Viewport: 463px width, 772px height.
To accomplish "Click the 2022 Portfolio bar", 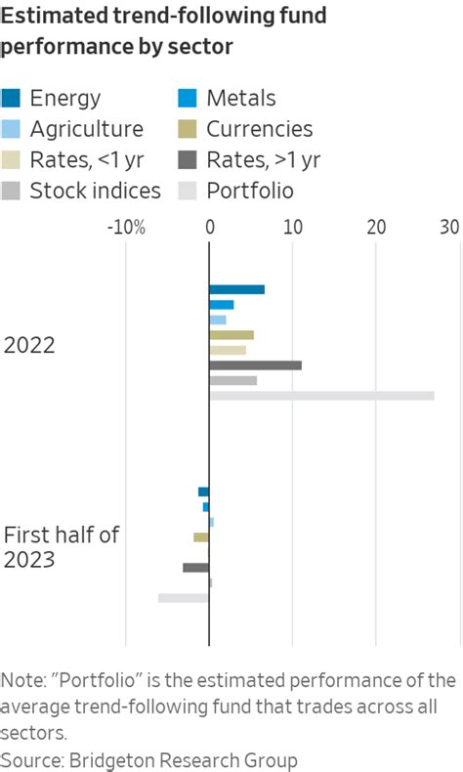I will pos(321,396).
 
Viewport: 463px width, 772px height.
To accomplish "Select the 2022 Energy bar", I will pos(236,289).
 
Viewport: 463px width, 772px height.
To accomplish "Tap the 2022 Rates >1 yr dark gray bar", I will pos(255,365).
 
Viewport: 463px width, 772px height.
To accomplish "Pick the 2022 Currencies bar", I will pos(231,335).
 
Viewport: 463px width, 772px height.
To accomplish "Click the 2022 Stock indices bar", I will pos(232,380).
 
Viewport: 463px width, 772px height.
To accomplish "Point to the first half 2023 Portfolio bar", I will pos(183,597).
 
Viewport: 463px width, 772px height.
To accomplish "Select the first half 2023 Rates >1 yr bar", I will pos(195,567).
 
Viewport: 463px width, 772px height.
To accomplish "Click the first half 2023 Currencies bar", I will pos(201,536).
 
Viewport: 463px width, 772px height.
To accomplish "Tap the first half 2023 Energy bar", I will pos(203,492).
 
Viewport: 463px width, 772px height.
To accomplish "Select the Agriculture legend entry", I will pos(86,129).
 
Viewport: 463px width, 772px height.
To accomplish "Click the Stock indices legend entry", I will pos(96,190).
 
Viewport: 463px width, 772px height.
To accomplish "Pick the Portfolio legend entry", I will pos(250,190).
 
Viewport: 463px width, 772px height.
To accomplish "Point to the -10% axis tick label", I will pos(126,228).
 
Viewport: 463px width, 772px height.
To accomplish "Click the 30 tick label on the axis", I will pos(448,228).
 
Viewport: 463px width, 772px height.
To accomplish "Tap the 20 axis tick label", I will pos(376,228).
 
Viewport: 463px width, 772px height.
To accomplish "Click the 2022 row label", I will pos(29,345).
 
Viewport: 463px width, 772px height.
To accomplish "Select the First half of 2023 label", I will pos(61,547).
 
